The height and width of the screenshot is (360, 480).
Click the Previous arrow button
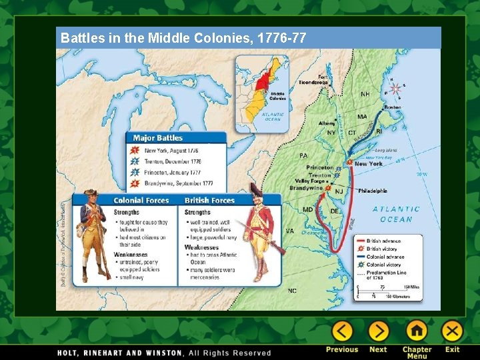point(342,331)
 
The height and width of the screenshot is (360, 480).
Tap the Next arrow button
point(378,331)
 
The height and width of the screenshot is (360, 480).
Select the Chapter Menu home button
point(417,331)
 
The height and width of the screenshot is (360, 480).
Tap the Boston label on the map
point(392,107)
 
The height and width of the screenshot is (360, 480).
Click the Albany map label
point(327,123)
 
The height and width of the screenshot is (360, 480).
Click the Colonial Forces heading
point(141,200)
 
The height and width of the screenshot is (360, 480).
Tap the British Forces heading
point(209,200)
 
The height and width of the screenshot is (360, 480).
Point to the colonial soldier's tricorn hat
point(91,193)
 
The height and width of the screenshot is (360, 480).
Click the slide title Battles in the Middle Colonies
point(183,38)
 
